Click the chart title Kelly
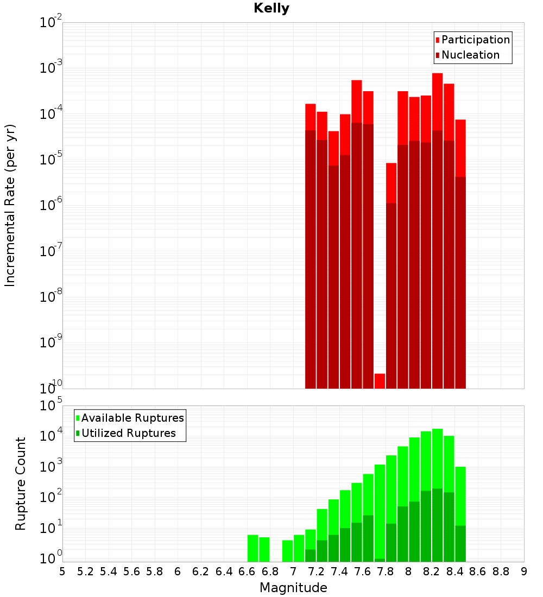click(x=271, y=9)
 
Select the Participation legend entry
click(x=476, y=40)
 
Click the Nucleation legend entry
click(x=470, y=55)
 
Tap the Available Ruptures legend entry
click(x=132, y=418)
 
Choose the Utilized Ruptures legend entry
click(x=128, y=434)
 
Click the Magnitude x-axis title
click(x=293, y=588)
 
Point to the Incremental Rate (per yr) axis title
click(x=10, y=205)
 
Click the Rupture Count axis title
click(x=21, y=484)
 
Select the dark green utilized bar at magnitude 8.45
click(x=460, y=543)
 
